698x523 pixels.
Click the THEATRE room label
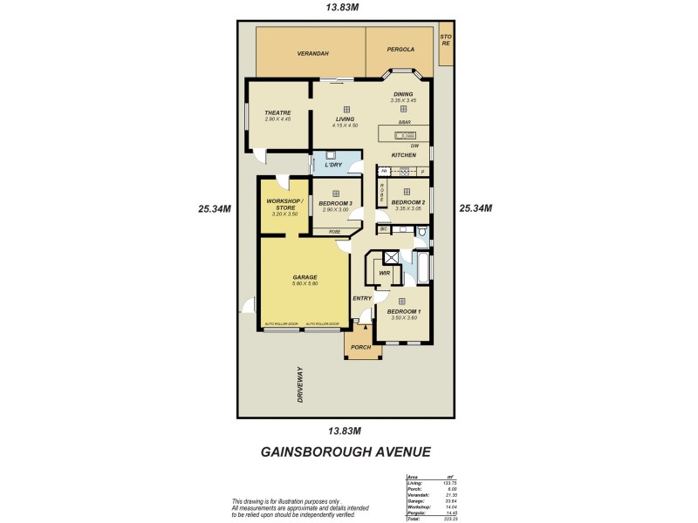277,112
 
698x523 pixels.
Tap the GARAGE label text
305,277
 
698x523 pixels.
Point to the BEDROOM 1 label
403,311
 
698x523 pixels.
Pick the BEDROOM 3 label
335,203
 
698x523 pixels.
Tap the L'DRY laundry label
332,165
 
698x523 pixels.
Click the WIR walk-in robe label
384,273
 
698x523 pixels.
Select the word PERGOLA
400,50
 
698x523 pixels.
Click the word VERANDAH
311,53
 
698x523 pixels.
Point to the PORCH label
360,347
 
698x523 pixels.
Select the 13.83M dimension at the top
342,8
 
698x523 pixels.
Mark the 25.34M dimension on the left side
215,208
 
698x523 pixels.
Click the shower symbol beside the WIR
391,257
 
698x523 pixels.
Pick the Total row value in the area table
450,519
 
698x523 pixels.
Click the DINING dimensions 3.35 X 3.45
402,100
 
